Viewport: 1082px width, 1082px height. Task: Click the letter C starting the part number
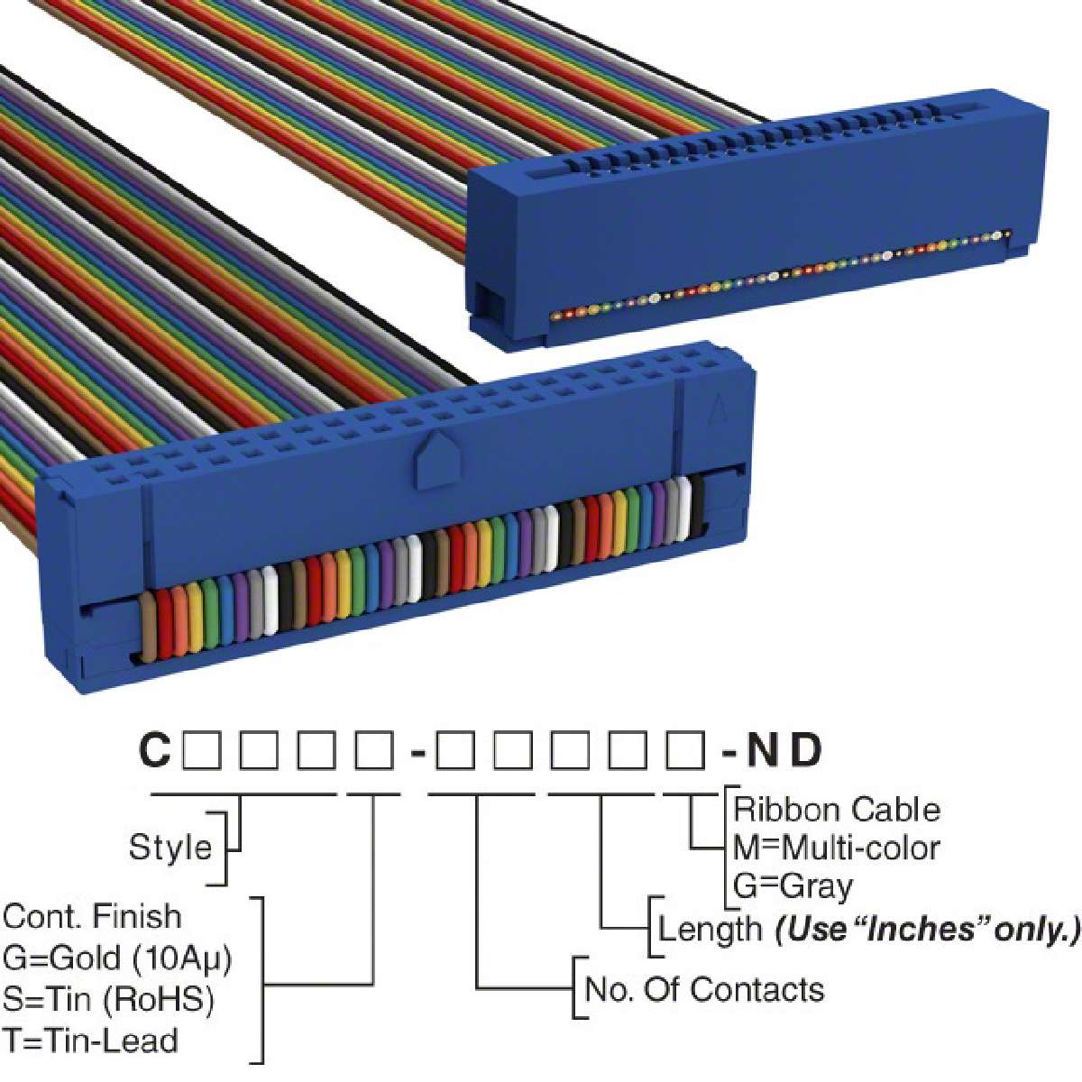click(154, 750)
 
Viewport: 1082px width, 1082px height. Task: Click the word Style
click(170, 847)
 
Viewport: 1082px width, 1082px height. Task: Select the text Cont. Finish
click(92, 916)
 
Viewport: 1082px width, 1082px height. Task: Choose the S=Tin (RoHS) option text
click(108, 999)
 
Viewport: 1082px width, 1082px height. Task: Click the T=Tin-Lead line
click(90, 1041)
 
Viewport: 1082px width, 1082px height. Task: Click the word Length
click(710, 928)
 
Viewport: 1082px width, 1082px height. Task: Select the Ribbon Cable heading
click(837, 809)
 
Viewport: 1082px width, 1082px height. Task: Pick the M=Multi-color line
click(837, 848)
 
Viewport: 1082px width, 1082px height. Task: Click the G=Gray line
click(793, 886)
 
